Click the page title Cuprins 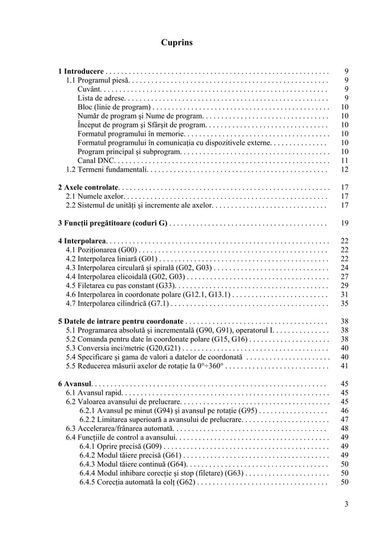(177, 43)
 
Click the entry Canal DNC (95, 161)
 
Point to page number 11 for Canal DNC (345, 161)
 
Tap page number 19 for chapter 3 (345, 223)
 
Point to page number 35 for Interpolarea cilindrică (345, 303)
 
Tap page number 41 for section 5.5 (345, 366)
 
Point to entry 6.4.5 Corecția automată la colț (136, 482)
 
